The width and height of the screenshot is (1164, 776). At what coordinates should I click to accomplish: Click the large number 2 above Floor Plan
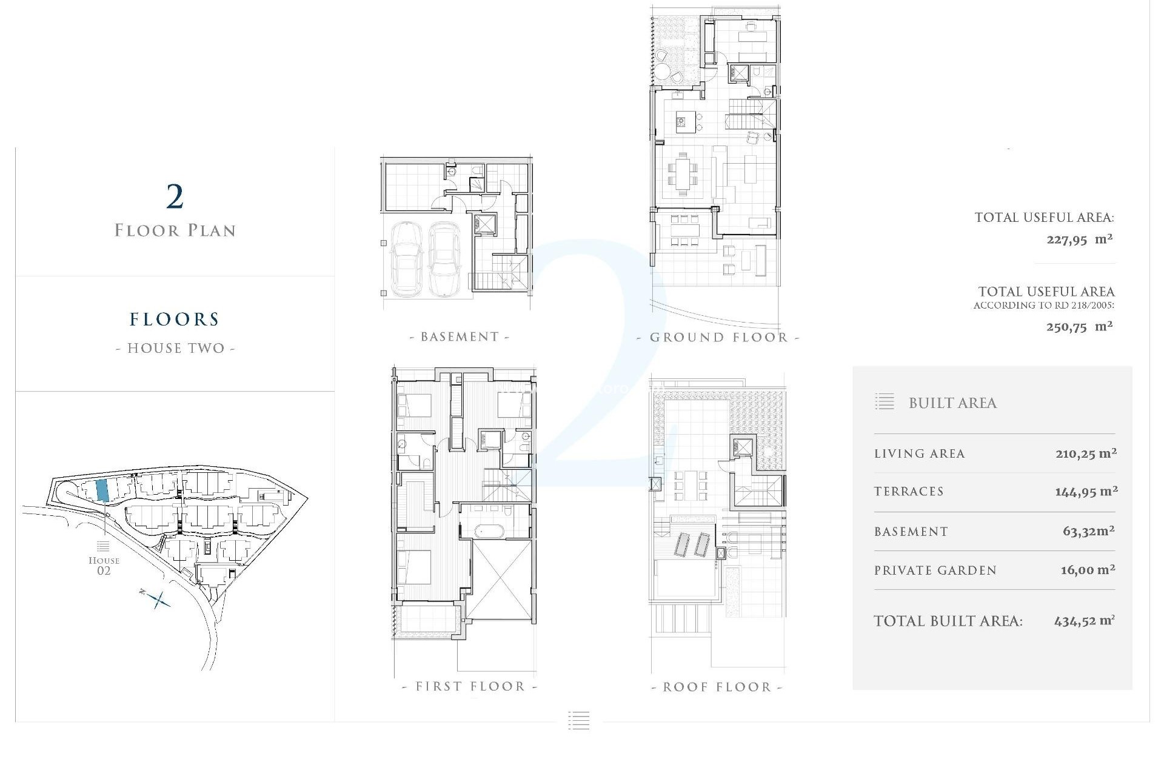click(175, 197)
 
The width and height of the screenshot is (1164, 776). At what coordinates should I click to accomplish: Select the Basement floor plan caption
click(460, 337)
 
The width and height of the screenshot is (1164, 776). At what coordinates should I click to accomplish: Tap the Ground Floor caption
click(718, 338)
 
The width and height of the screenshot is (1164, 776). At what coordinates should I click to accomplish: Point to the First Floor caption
click(470, 686)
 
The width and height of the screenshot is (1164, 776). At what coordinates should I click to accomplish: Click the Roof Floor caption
click(717, 687)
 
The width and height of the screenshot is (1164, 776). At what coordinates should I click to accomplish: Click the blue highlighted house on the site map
click(102, 490)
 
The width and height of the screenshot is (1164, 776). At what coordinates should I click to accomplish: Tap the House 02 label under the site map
click(104, 566)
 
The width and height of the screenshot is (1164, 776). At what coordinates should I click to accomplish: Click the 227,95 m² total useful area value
click(1079, 239)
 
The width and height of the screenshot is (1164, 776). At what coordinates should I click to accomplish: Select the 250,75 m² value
click(1079, 327)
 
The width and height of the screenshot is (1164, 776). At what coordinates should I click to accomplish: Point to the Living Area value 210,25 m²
click(1086, 453)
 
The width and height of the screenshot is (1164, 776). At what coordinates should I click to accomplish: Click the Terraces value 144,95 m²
click(1086, 492)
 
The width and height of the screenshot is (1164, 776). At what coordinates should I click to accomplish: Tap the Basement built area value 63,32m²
click(1088, 532)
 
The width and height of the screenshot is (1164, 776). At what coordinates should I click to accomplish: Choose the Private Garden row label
click(935, 570)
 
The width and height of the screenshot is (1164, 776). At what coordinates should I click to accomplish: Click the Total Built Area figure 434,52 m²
click(1084, 621)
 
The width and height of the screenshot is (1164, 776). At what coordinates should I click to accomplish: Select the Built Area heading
click(952, 403)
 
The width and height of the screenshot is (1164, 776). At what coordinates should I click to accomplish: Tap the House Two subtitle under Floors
click(175, 348)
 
